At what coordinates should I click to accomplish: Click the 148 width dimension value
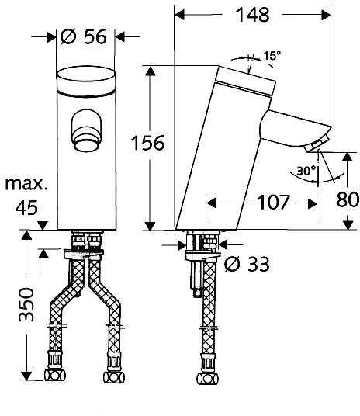(252, 15)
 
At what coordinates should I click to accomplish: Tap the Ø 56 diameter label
(84, 36)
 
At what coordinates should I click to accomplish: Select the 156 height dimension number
(147, 143)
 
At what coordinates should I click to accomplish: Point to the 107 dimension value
(273, 202)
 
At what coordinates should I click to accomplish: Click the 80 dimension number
(348, 199)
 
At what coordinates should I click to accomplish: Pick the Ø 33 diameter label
(247, 264)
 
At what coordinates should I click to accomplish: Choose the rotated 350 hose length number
(26, 304)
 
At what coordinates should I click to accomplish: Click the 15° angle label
(272, 56)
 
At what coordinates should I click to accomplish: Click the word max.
(27, 184)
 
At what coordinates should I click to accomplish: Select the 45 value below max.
(26, 208)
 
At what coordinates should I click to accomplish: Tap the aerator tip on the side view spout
(317, 144)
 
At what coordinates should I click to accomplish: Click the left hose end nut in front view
(55, 376)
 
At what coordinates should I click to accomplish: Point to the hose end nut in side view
(208, 378)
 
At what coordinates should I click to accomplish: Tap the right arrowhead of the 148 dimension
(326, 15)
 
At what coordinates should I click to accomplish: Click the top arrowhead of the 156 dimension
(151, 71)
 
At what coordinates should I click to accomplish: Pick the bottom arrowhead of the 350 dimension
(26, 376)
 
